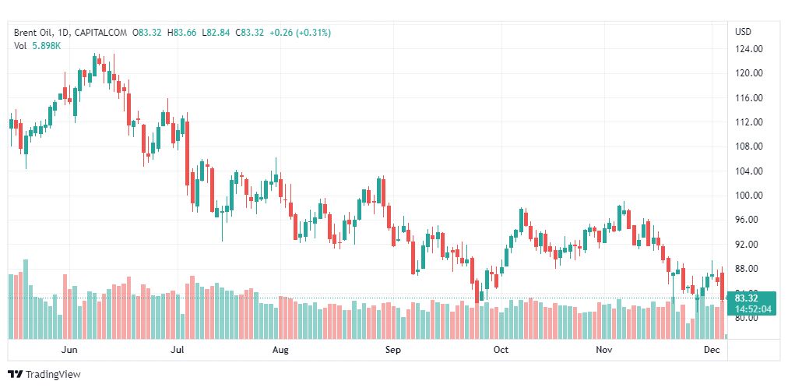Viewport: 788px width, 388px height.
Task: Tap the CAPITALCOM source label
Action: coord(102,33)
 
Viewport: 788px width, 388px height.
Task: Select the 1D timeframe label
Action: coord(65,33)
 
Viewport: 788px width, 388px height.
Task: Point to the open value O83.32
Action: coord(146,33)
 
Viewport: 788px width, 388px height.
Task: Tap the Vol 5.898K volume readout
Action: coord(37,46)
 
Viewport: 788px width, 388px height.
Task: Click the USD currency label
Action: coord(743,32)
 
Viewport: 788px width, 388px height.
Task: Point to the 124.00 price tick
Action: coord(748,49)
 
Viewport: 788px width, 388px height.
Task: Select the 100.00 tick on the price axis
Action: coord(748,196)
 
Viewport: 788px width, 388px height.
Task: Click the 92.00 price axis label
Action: coord(748,245)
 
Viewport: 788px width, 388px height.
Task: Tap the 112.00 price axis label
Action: coord(748,122)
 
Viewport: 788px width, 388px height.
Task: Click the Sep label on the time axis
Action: coord(393,350)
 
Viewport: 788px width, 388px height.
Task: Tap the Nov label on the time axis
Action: coord(605,350)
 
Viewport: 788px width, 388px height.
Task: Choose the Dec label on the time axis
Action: coord(712,350)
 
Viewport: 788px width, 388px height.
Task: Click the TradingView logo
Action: coord(44,375)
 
